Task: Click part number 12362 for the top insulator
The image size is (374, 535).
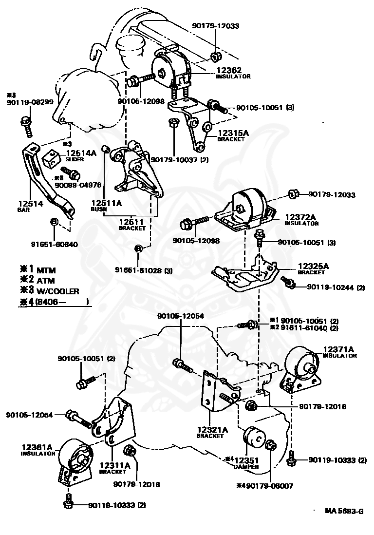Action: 230,71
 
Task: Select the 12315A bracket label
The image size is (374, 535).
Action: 233,133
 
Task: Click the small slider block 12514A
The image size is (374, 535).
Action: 51,157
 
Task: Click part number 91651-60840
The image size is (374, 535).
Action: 54,244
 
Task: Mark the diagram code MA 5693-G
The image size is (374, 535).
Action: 344,511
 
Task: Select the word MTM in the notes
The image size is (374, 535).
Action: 47,269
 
